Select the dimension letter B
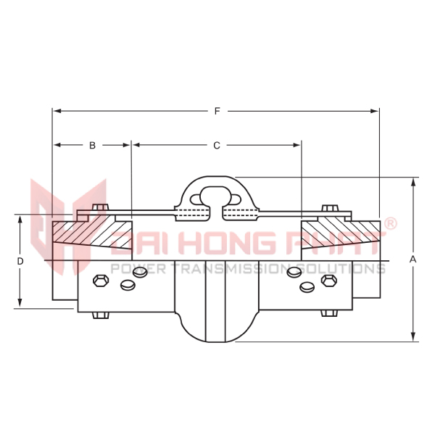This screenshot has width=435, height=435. [x=92, y=146]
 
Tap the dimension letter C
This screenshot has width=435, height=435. [x=216, y=146]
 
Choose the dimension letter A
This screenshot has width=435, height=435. [x=413, y=259]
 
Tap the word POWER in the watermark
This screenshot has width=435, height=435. [x=130, y=268]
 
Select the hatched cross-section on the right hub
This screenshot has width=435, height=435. [x=341, y=235]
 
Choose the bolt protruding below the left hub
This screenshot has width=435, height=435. [x=99, y=315]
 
